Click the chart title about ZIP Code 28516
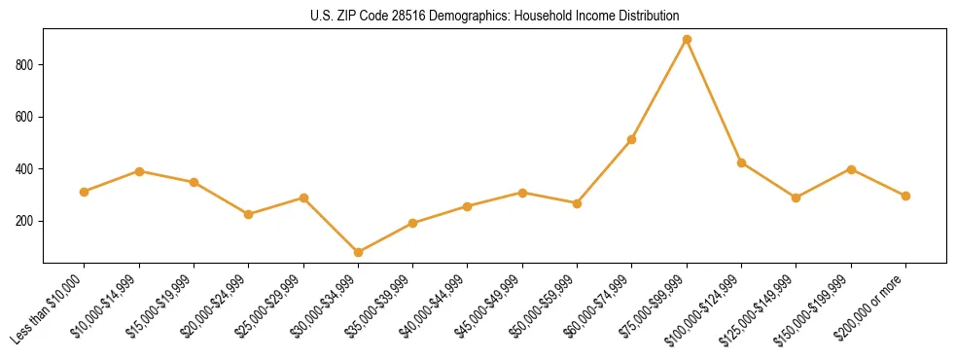point(494,16)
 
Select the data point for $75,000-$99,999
point(687,39)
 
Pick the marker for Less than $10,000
point(85,192)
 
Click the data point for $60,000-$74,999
point(632,139)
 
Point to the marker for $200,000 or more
point(905,196)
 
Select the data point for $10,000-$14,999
point(139,171)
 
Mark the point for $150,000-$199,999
point(851,169)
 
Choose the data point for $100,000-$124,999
point(741,162)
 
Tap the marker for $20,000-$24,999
point(249,214)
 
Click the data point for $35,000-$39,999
point(413,223)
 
